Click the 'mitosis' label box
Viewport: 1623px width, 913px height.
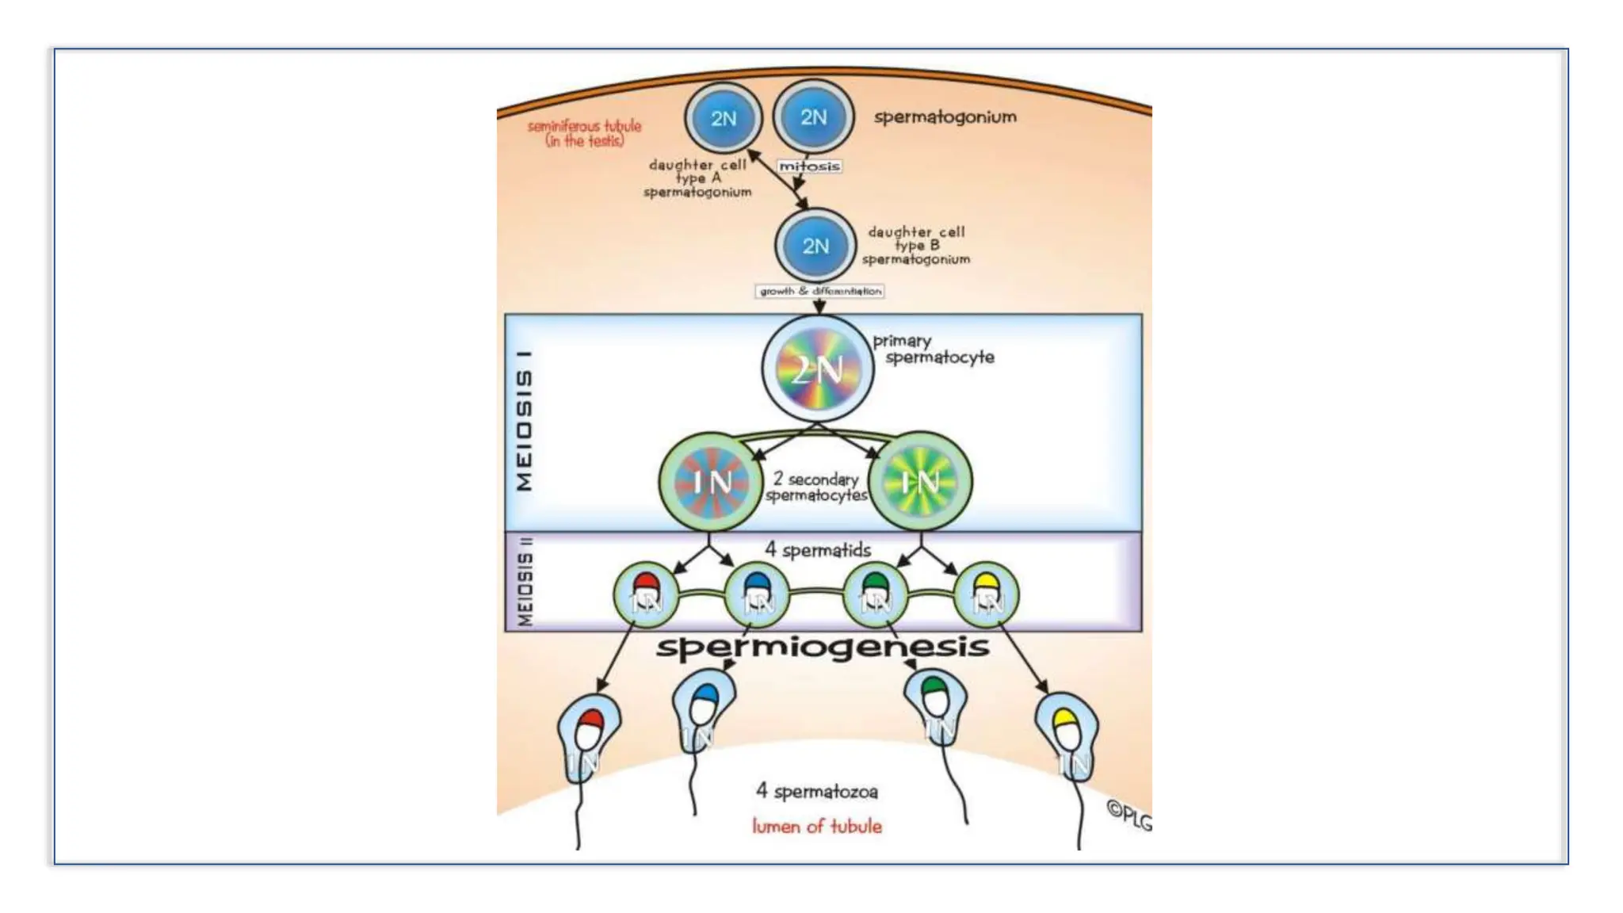coord(808,166)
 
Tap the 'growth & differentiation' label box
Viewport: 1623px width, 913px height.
coord(819,292)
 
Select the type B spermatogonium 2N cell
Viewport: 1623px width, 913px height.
coord(815,246)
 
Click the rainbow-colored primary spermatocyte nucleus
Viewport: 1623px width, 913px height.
coord(818,369)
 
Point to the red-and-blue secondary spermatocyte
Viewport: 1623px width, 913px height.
coord(711,482)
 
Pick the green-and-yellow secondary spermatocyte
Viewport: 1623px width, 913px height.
coord(920,482)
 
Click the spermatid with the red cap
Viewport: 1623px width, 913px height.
coord(647,595)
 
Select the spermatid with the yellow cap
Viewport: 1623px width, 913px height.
coord(987,595)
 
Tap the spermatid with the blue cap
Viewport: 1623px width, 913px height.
coord(758,595)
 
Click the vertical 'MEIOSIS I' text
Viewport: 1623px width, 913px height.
coord(525,421)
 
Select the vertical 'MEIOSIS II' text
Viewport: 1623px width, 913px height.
coord(525,582)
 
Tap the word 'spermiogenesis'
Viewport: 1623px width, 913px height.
coord(823,648)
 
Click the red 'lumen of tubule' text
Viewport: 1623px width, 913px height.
coord(816,827)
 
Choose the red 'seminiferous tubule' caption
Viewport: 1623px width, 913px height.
coord(584,133)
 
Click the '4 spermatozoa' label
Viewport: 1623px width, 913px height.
coord(816,791)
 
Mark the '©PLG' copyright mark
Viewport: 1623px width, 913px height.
coord(1128,816)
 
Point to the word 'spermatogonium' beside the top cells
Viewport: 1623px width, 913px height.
coord(945,117)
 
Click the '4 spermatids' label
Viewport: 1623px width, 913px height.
coord(817,549)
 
